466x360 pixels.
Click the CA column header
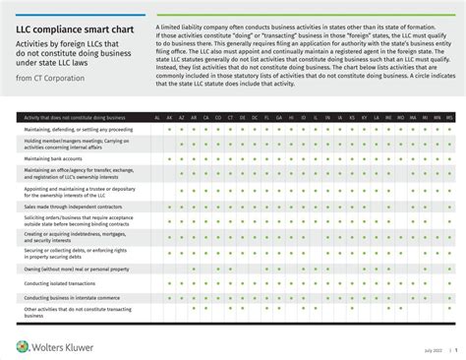click(x=206, y=117)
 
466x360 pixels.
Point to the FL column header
click(x=266, y=117)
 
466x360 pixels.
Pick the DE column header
click(x=242, y=117)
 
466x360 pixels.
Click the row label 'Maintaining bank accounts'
click(x=51, y=158)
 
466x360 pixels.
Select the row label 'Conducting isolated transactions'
click(x=59, y=283)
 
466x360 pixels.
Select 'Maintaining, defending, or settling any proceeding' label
click(x=79, y=128)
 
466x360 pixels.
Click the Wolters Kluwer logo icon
click(x=22, y=345)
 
